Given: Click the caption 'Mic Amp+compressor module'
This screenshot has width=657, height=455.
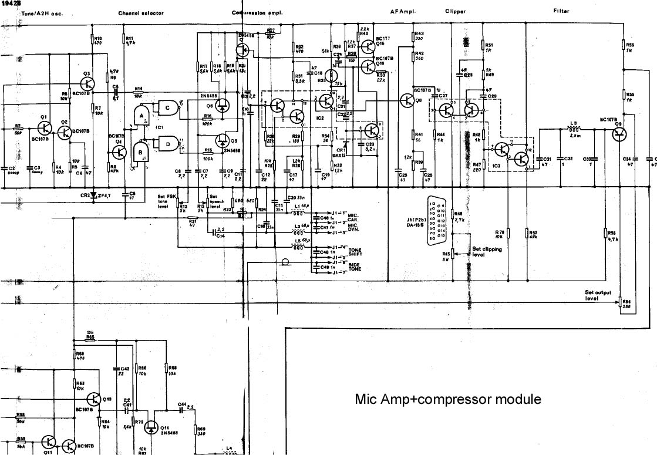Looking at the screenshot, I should point(448,400).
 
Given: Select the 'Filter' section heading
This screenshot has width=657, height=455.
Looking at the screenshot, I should point(561,11).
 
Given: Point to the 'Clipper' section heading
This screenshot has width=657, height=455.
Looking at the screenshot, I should point(455,11).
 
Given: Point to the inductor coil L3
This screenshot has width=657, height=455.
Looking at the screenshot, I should point(574,130).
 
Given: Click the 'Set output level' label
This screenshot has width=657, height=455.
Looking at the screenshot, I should point(598,295).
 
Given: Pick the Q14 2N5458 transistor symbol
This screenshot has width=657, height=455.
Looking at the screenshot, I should point(153,427).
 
